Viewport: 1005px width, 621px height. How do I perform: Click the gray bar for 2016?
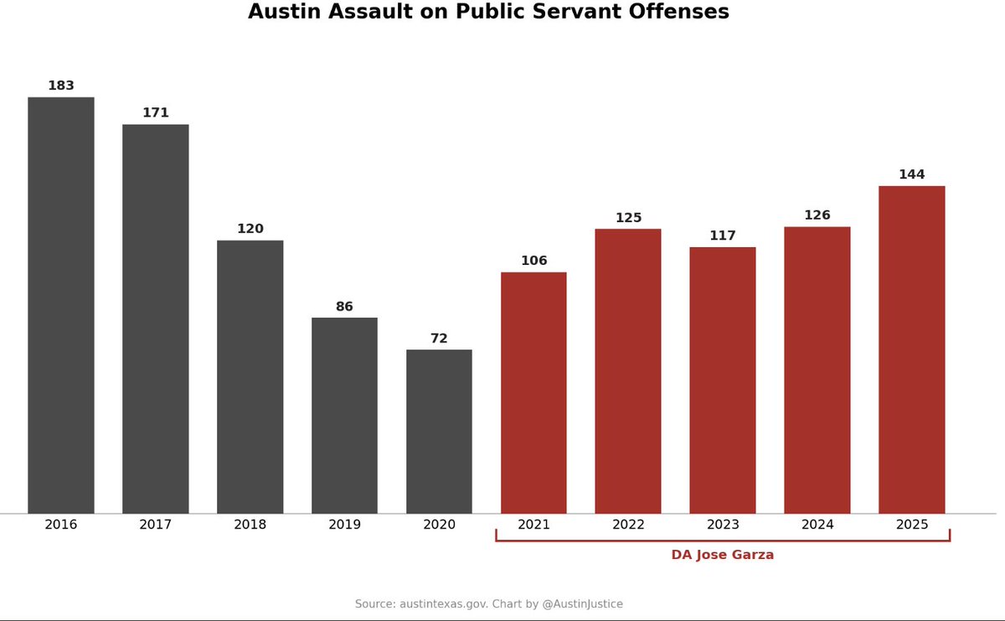click(x=61, y=305)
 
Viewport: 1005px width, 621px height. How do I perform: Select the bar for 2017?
click(x=156, y=318)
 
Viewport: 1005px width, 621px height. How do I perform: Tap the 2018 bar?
click(x=250, y=377)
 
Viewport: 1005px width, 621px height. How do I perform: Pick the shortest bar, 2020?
click(x=439, y=432)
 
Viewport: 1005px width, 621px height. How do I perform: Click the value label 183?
click(x=61, y=85)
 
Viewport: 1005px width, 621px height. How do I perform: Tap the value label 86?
click(x=344, y=307)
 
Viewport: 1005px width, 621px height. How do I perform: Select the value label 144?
click(x=911, y=174)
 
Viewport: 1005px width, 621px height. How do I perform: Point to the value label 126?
click(x=817, y=215)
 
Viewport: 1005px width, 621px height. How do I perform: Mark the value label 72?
click(x=439, y=339)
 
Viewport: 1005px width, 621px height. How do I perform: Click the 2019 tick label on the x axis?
click(x=344, y=525)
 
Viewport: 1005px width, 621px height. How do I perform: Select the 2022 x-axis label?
click(x=628, y=525)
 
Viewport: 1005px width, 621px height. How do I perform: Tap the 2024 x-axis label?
click(x=817, y=525)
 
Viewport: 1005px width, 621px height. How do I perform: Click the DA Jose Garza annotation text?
click(x=722, y=555)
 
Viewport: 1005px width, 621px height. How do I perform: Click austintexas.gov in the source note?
click(x=440, y=604)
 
